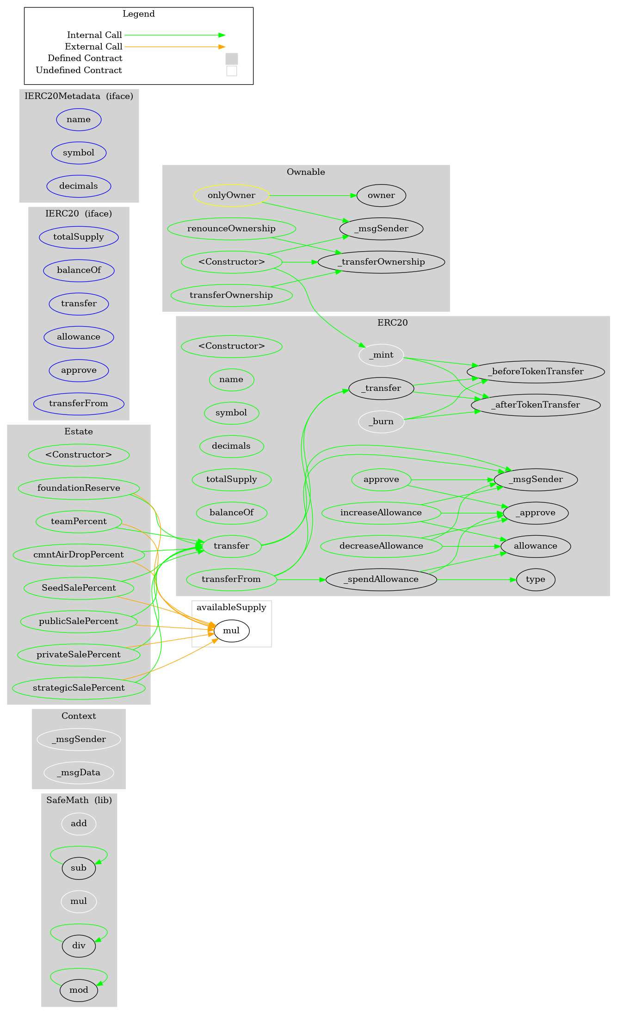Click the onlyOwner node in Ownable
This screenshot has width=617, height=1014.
(231, 195)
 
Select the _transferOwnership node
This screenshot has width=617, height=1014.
(381, 262)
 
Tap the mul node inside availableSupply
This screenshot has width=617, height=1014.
(231, 631)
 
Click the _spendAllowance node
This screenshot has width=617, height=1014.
(381, 579)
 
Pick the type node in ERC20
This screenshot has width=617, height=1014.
(535, 579)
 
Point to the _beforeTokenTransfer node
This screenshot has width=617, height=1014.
(536, 371)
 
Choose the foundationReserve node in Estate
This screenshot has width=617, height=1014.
(79, 488)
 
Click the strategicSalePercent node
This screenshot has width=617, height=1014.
(79, 688)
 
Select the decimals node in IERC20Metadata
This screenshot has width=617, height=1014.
(79, 186)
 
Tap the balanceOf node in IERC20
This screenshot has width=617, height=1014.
(79, 270)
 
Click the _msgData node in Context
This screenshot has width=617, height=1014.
(79, 773)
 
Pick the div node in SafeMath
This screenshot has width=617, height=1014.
(79, 946)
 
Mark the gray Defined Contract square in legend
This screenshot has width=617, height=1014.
(232, 59)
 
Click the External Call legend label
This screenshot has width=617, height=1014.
(93, 47)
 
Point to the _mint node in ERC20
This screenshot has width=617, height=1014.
(381, 355)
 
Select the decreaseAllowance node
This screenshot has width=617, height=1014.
(381, 546)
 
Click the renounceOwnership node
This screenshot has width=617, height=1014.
(231, 229)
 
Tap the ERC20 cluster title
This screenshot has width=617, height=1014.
(392, 323)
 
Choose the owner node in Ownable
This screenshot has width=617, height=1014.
(381, 195)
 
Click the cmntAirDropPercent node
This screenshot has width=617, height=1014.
(79, 555)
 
